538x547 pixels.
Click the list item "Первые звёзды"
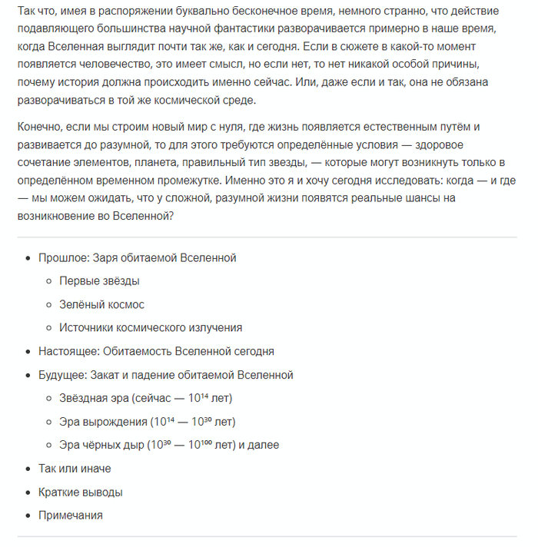(99, 281)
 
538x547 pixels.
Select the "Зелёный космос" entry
(101, 304)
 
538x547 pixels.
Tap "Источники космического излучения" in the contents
(151, 327)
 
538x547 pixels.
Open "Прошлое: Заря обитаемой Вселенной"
(137, 257)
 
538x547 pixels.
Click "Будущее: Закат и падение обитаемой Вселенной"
(165, 375)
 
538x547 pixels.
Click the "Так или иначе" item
(75, 468)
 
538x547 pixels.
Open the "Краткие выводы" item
(80, 492)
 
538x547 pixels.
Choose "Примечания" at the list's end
(70, 515)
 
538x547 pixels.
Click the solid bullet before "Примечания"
(28, 516)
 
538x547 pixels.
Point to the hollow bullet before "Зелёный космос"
(48, 305)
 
